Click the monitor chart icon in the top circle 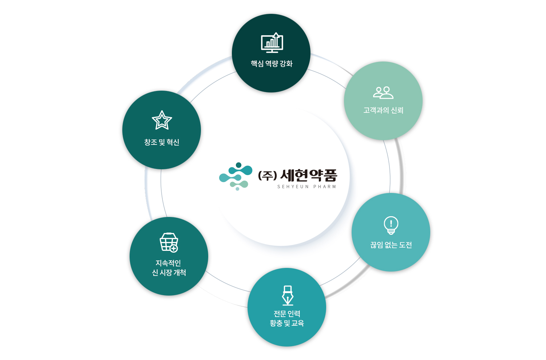272,43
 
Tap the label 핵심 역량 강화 272,64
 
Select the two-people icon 383,92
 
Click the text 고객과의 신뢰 383,110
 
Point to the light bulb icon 391,225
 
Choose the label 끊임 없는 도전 391,245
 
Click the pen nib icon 288,296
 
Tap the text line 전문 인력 287,314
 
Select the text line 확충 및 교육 287,323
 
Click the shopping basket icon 169,242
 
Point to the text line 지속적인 168,263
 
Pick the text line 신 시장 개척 169,273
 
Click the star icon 162,120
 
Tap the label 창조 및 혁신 162,142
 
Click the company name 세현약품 309,175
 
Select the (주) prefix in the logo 268,175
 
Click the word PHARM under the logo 325,187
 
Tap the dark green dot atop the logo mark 239,165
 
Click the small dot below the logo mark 237,189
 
